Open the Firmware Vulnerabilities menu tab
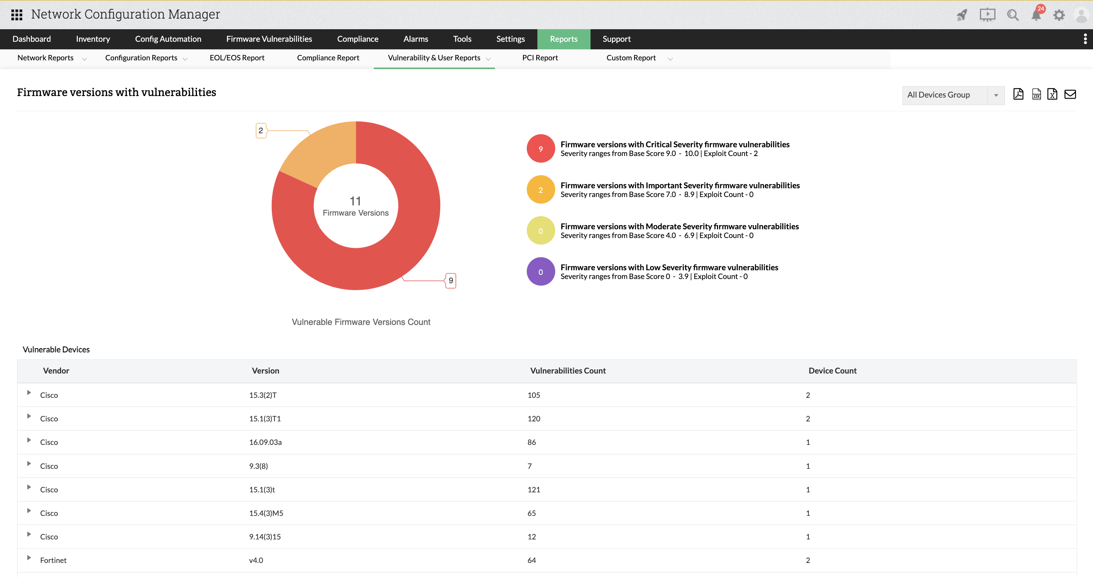(x=269, y=39)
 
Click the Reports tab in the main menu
(x=564, y=39)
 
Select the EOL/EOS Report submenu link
(x=237, y=58)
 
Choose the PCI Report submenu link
(x=540, y=58)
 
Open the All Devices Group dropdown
(x=953, y=95)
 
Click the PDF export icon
(x=1018, y=94)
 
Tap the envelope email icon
(x=1070, y=94)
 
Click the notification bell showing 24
(x=1036, y=15)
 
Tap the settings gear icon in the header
(x=1059, y=15)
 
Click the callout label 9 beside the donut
(x=450, y=281)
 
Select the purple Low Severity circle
(x=540, y=271)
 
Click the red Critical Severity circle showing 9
(x=540, y=148)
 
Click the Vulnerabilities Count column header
(x=568, y=371)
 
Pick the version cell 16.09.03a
(x=265, y=442)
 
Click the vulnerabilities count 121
(x=534, y=490)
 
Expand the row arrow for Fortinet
(x=29, y=558)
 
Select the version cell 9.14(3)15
(x=265, y=537)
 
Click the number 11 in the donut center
(x=355, y=201)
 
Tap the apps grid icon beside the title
(x=17, y=15)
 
